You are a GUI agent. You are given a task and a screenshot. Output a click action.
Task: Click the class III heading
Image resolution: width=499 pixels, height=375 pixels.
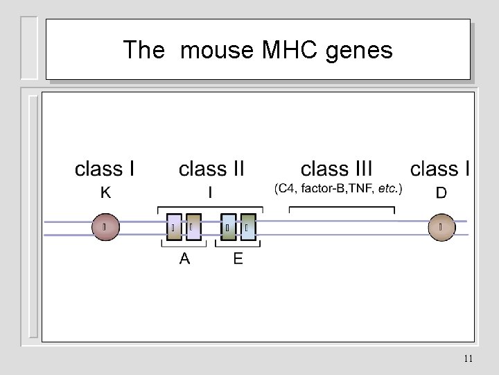point(336,169)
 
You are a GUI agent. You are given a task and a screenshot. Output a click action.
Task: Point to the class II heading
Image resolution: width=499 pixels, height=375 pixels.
point(211,169)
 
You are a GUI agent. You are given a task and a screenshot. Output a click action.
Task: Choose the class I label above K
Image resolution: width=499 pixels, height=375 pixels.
point(105,169)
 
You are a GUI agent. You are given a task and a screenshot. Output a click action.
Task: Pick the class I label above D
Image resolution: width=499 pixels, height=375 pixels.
point(441,169)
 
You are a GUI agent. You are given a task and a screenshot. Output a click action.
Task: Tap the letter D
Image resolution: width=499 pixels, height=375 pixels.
point(441,192)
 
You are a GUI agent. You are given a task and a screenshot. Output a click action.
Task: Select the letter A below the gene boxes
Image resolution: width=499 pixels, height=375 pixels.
point(184,259)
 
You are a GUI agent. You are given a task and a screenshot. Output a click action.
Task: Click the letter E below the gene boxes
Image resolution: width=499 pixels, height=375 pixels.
point(238,259)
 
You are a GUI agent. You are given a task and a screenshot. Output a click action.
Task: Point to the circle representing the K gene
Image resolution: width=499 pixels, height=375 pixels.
point(105,227)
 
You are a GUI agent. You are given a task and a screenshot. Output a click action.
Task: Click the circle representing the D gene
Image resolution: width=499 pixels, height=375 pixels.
point(441,227)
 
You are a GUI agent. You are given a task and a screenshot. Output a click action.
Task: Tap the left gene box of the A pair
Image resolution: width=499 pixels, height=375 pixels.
point(175,227)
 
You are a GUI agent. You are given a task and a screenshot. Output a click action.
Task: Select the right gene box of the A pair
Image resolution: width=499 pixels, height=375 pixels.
point(194,227)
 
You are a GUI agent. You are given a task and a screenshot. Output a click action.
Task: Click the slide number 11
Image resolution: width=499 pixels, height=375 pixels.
point(469,359)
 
